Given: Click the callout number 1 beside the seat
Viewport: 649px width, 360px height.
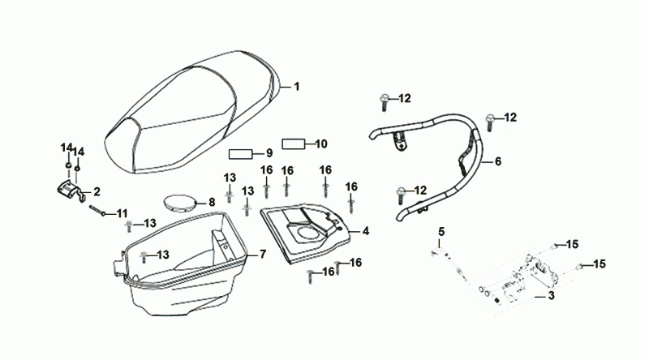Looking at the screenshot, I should tap(297, 86).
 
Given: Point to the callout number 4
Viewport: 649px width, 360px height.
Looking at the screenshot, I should tap(366, 231).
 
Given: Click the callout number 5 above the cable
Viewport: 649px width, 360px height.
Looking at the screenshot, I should tap(441, 233).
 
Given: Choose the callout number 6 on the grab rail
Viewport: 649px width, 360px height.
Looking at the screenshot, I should tap(497, 161).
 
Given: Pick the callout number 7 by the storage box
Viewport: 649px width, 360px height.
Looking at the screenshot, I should tap(262, 254).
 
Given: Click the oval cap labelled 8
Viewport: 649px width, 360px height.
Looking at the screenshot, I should tap(180, 202).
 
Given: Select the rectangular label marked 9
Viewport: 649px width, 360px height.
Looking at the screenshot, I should tap(241, 153).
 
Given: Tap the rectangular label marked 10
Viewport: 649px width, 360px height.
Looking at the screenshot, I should tap(292, 144).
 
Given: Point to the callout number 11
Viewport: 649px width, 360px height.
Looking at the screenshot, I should tap(122, 213).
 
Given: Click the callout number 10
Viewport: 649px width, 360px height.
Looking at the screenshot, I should tap(320, 144).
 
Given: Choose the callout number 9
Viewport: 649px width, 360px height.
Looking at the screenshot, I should tap(269, 153).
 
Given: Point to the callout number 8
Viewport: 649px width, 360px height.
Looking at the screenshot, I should tap(211, 202).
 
